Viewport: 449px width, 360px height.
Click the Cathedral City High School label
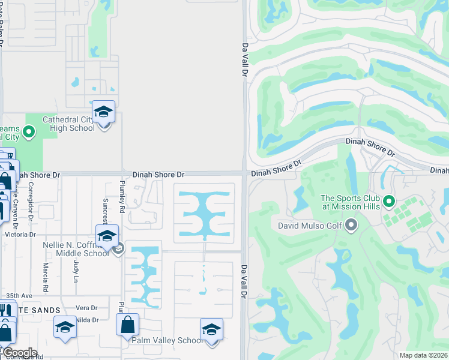click(68, 124)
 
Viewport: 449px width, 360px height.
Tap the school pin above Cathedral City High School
click(103, 112)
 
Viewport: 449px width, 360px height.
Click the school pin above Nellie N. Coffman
click(107, 236)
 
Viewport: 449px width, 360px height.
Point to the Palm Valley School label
click(167, 340)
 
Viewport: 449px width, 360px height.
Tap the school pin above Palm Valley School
click(211, 330)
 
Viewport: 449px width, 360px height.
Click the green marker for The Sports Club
click(388, 201)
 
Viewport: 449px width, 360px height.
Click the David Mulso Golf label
click(309, 226)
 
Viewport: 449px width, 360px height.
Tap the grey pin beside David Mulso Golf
click(351, 226)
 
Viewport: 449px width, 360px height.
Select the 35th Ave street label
click(19, 296)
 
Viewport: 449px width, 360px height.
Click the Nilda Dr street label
click(87, 320)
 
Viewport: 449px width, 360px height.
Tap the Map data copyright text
click(423, 355)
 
